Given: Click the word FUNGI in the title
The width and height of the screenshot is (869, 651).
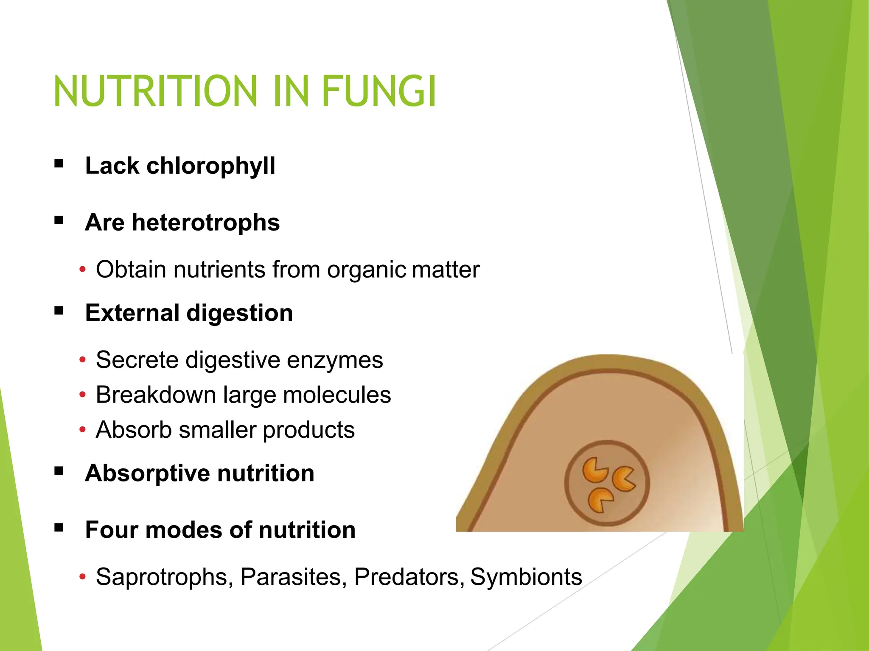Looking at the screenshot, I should (379, 91).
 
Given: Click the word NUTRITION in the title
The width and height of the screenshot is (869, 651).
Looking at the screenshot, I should (155, 91).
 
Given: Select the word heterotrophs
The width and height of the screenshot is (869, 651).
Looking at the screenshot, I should (206, 223).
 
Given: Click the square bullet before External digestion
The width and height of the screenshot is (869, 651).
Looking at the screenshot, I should (59, 312).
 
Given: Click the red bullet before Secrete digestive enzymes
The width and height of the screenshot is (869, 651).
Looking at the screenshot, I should (83, 360).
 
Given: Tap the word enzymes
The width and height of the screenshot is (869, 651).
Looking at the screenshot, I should (335, 360).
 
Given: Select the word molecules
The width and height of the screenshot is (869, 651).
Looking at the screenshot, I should (337, 395).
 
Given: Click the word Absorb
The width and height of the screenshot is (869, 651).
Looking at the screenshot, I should (134, 430).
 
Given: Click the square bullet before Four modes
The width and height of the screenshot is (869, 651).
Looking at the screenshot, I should (59, 528).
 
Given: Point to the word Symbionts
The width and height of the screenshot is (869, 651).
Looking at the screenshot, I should (526, 577).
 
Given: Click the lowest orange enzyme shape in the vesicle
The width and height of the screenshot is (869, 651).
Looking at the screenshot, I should (599, 500).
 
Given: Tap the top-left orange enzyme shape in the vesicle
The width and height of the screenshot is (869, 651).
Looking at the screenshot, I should (594, 470).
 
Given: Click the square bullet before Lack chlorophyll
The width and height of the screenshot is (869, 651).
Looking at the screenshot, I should (59, 164).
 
